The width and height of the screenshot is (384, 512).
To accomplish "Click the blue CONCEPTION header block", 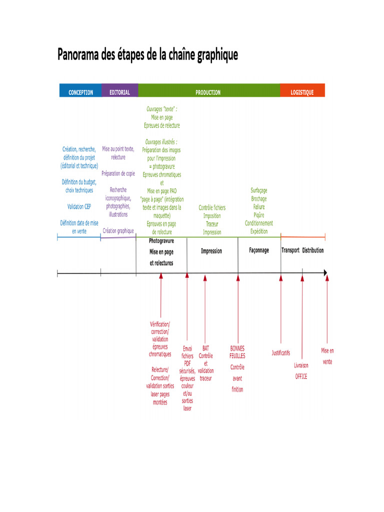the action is [80, 90].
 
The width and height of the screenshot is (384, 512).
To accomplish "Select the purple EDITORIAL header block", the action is [120, 90].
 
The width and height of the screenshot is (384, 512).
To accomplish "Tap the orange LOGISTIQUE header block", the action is [302, 90].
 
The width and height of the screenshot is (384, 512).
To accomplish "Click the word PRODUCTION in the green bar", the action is [208, 92].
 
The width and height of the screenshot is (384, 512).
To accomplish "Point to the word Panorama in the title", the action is [78, 54].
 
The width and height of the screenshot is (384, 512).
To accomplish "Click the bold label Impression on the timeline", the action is [211, 251].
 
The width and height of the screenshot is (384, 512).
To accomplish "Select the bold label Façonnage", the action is [259, 250].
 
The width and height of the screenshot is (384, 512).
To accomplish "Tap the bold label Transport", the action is [290, 250].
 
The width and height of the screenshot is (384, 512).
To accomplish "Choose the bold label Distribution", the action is [313, 250].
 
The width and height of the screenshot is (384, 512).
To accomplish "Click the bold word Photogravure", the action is [161, 241].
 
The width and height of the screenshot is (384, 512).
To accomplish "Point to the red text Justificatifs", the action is [281, 352].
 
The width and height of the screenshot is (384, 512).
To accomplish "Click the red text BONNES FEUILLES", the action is [237, 352].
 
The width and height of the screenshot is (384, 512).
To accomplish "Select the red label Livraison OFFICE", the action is [301, 371].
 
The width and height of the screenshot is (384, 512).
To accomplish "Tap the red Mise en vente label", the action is [327, 356].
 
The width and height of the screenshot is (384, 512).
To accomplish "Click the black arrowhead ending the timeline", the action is [325, 272].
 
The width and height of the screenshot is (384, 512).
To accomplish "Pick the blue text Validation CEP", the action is [79, 206].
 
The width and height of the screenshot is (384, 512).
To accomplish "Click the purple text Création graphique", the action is [118, 231].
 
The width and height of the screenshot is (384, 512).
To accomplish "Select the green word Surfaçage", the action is [259, 190].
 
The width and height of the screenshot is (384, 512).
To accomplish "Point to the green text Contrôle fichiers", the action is [212, 207].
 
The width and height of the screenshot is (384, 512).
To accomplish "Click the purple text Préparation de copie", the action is [118, 173].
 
